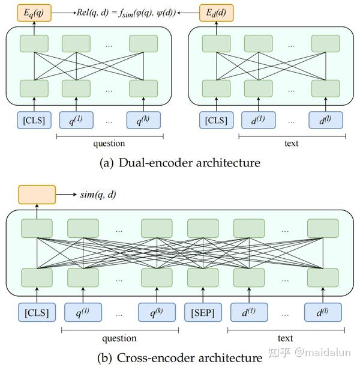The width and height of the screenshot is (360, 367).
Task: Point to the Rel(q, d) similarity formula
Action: click(125, 11)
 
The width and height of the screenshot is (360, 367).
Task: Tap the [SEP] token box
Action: click(203, 312)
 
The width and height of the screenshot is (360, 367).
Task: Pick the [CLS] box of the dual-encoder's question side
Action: click(34, 120)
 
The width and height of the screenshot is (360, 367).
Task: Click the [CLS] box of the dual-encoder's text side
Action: click(215, 120)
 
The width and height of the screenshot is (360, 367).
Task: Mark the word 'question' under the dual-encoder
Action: click(109, 144)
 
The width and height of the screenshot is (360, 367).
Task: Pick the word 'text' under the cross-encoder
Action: click(285, 338)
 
